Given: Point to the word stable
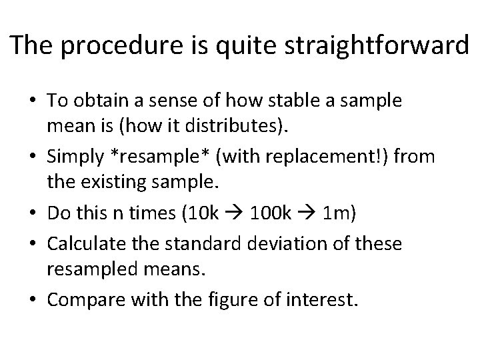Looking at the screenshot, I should tap(310, 101).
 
